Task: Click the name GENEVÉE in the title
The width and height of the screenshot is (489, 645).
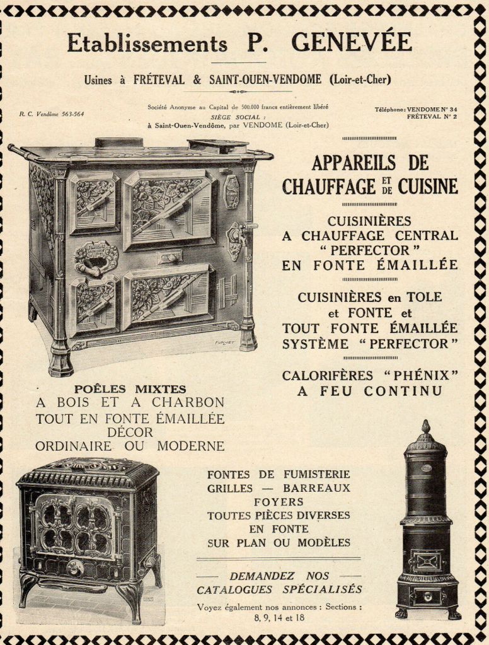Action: pyautogui.click(x=352, y=42)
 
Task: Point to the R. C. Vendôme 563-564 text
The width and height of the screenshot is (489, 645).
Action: pyautogui.click(x=51, y=114)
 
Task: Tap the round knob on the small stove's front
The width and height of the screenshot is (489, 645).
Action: pyautogui.click(x=76, y=567)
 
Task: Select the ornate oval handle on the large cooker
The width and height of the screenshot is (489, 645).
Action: pyautogui.click(x=96, y=257)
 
